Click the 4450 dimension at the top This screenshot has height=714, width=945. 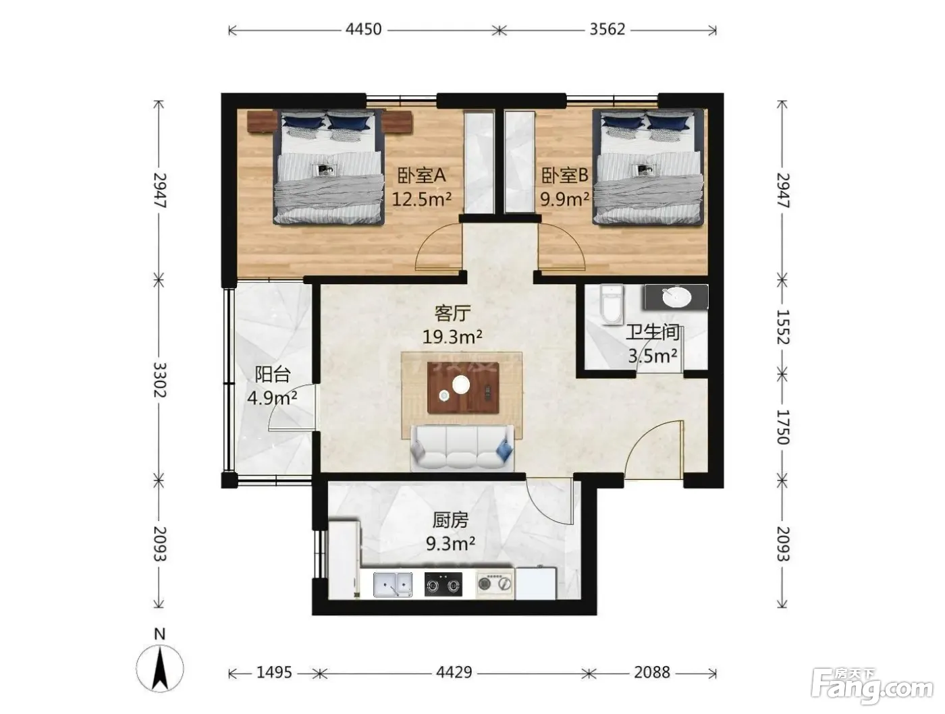(363, 29)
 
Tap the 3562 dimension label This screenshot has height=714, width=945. (607, 29)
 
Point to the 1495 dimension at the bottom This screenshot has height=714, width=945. (274, 673)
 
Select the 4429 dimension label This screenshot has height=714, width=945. (454, 673)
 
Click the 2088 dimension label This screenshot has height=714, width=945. (652, 673)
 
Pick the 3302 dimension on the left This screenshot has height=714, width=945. (159, 379)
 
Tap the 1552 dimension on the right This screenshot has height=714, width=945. (782, 327)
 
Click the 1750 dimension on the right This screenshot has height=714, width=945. (782, 427)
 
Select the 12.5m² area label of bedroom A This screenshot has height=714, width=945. (421, 199)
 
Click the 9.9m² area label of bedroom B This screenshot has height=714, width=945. (564, 199)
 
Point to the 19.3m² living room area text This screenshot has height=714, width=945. (452, 337)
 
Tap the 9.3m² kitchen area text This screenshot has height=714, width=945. (450, 544)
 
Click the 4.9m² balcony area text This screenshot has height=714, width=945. (272, 398)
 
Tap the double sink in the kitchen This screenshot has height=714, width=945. (393, 584)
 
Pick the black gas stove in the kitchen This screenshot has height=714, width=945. (443, 584)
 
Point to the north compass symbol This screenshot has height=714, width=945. (160, 669)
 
